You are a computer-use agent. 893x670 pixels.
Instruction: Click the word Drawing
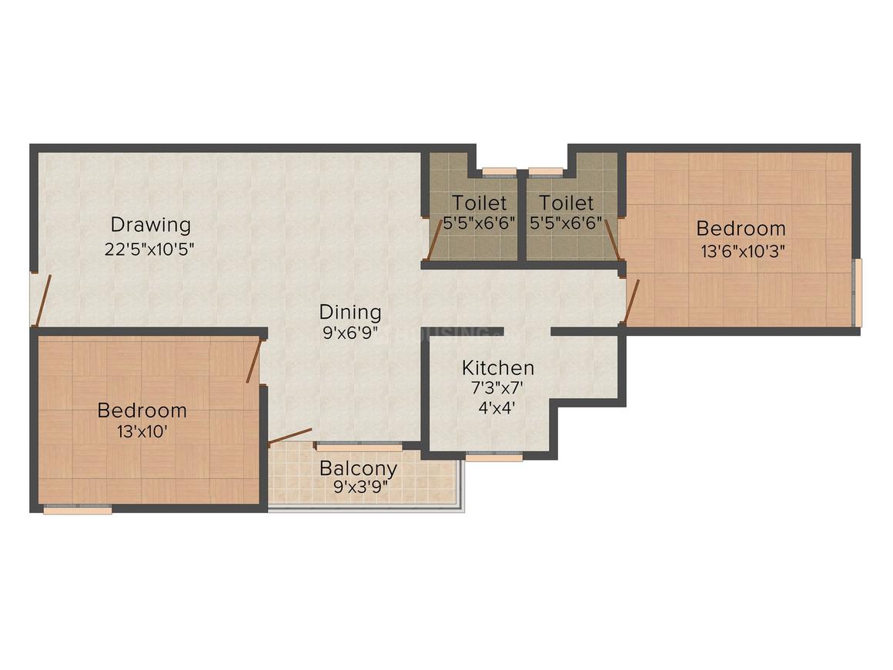pyautogui.click(x=150, y=225)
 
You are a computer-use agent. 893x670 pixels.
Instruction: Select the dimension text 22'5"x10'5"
pyautogui.click(x=150, y=249)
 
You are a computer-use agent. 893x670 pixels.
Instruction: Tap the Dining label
pyautogui.click(x=350, y=312)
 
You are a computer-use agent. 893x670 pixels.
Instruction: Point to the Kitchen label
pyautogui.click(x=497, y=367)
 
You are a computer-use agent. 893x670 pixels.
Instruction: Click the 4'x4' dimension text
pyautogui.click(x=497, y=408)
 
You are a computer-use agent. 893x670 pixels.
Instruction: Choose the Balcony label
pyautogui.click(x=359, y=467)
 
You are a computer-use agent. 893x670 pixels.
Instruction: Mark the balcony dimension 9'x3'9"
pyautogui.click(x=359, y=488)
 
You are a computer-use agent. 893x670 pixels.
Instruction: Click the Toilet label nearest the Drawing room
pyautogui.click(x=480, y=203)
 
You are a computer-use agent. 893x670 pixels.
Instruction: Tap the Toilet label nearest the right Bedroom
pyautogui.click(x=566, y=203)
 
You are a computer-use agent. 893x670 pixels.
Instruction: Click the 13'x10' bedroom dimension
pyautogui.click(x=142, y=431)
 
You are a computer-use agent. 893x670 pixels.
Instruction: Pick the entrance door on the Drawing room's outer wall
pyautogui.click(x=43, y=300)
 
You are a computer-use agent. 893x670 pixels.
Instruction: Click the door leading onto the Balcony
pyautogui.click(x=290, y=437)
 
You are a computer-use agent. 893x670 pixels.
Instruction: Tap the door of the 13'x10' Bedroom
pyautogui.click(x=253, y=360)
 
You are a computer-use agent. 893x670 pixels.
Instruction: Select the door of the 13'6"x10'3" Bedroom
pyautogui.click(x=631, y=300)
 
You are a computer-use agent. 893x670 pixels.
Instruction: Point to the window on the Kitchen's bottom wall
pyautogui.click(x=494, y=456)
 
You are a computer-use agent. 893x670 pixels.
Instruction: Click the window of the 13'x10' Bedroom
pyautogui.click(x=78, y=509)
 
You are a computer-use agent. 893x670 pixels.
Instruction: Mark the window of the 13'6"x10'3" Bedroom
pyautogui.click(x=858, y=293)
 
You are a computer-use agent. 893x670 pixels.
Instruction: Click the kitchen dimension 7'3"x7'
pyautogui.click(x=497, y=388)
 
